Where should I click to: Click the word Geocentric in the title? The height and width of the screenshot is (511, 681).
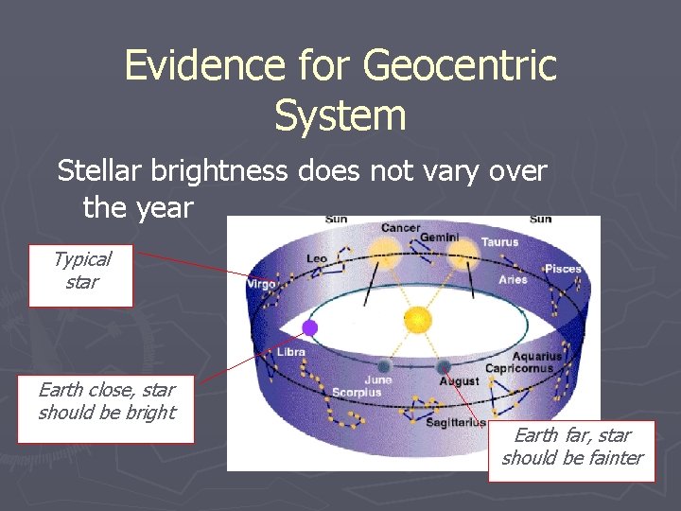(460, 66)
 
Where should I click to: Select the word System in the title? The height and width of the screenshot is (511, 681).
(340, 116)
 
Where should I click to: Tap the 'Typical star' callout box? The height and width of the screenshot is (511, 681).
(80, 275)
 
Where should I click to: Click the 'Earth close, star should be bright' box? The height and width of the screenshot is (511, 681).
(106, 409)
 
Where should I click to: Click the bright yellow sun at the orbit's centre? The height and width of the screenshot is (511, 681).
(417, 320)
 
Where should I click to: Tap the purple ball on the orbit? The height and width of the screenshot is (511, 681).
(308, 328)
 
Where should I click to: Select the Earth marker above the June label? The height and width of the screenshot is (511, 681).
(383, 366)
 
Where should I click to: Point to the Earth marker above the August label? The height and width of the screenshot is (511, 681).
(443, 366)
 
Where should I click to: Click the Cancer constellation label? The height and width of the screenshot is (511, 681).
(401, 228)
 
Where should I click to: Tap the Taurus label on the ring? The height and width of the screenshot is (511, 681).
(499, 242)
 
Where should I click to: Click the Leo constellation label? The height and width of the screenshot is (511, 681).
(317, 258)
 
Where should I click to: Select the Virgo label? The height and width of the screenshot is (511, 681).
(261, 283)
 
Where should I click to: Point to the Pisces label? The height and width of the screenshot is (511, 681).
(563, 269)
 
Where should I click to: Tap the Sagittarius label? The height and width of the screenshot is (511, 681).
(455, 422)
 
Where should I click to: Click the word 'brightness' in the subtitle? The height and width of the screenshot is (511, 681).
(358, 171)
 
